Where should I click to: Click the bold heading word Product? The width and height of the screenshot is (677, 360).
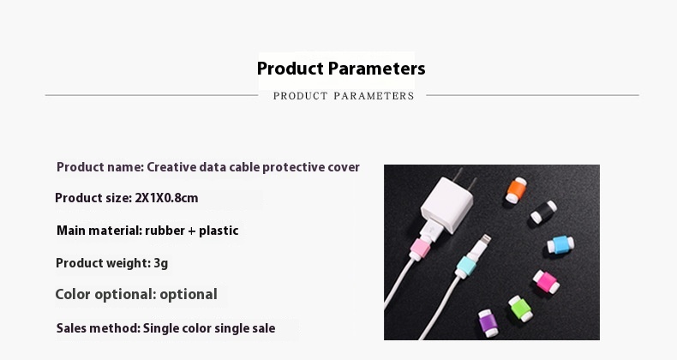pos(290,69)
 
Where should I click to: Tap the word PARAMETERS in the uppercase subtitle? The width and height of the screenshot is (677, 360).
pos(374,96)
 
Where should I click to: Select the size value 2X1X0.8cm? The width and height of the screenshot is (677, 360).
pos(166,198)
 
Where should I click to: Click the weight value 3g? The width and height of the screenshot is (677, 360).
pos(160,263)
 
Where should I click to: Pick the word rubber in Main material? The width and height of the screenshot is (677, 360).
pos(163,231)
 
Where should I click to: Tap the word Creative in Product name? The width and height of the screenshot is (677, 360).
pos(171,167)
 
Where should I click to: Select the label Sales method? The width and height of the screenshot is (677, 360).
pos(98,327)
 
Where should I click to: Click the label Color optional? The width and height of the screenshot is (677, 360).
pos(105,295)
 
